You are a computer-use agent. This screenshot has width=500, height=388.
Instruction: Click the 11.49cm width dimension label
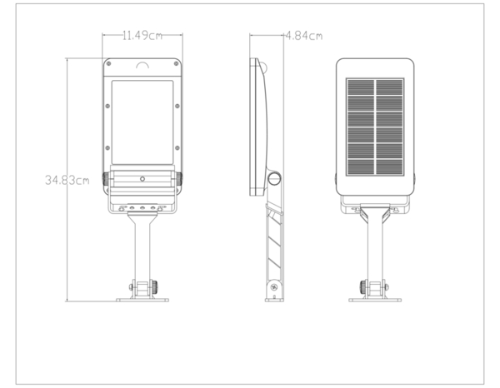point(142,35)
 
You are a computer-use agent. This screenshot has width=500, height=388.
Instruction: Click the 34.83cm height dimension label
point(67,181)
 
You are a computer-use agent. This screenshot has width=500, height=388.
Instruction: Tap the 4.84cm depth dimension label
point(304,36)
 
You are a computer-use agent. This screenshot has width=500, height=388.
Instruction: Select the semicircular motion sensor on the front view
point(142,65)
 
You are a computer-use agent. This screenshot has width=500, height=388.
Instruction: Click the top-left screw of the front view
point(108,64)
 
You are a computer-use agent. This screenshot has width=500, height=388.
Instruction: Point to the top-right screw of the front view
point(176,64)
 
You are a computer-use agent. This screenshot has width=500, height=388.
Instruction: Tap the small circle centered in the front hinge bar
point(142,179)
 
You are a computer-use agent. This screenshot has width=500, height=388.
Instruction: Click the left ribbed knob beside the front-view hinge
point(105,179)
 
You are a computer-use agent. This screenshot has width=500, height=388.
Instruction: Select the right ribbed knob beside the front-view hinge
point(179,179)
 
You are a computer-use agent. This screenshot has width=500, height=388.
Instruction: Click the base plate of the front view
point(142,300)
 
